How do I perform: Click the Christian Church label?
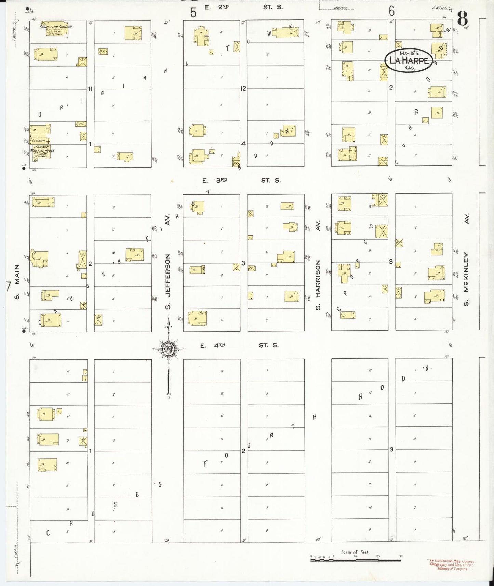tap(56, 27)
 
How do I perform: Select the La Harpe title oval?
tap(409, 61)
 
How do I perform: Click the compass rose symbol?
tap(168, 349)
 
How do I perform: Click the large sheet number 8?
tap(462, 19)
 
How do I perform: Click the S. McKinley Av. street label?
tap(466, 260)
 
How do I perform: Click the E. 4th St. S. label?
tap(239, 345)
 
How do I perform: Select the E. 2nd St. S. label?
tap(243, 7)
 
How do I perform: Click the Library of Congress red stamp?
tap(451, 564)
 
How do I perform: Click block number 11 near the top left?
tap(90, 89)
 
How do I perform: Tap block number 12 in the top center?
tap(243, 89)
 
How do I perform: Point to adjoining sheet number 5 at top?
tap(193, 13)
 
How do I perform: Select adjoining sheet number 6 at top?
tap(391, 12)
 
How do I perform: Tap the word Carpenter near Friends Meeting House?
tap(39, 140)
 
